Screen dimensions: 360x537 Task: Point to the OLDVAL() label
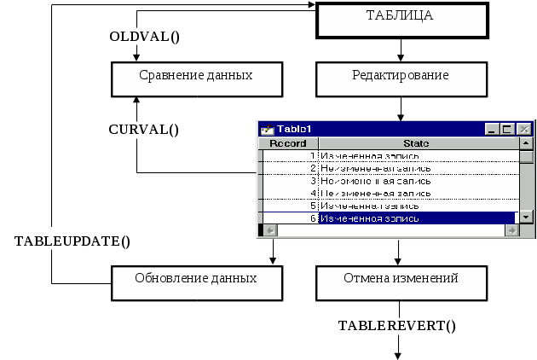(x=148, y=37)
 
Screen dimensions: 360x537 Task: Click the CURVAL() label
(x=144, y=130)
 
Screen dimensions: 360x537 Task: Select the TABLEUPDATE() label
(x=73, y=241)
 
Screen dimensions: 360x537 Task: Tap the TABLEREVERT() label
(x=397, y=326)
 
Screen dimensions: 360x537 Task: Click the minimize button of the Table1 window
(x=493, y=129)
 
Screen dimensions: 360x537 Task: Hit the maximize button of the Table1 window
(x=508, y=129)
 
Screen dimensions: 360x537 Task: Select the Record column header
(x=287, y=142)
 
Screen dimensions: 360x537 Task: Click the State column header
(x=416, y=142)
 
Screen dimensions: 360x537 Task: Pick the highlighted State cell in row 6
(x=416, y=218)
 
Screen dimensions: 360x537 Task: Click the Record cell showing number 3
(x=289, y=181)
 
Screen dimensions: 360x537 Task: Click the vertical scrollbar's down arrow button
(x=527, y=218)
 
